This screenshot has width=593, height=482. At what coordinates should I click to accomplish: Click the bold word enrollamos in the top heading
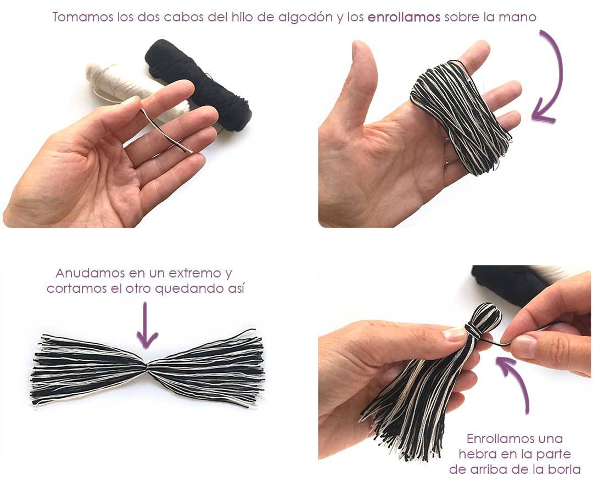[404, 18]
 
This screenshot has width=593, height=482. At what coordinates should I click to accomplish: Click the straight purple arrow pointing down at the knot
[147, 325]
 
